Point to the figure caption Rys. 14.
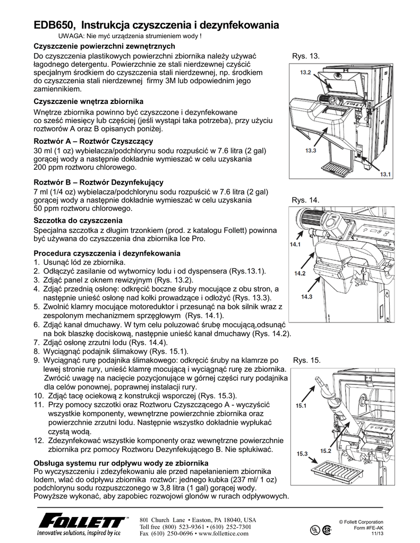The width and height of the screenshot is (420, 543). click(305, 200)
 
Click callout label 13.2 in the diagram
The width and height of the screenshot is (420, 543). click(305, 72)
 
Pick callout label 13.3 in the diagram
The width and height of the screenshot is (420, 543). click(311, 151)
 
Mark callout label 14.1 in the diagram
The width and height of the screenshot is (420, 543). click(295, 244)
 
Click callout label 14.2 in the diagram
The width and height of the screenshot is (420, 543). click(300, 273)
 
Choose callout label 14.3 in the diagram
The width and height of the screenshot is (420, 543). click(306, 296)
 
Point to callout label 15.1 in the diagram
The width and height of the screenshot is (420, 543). click(302, 406)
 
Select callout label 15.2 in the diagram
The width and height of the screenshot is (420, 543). click(325, 451)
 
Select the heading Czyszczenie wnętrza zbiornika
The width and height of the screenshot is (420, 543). click(88, 101)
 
